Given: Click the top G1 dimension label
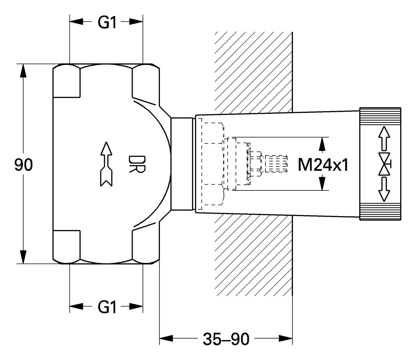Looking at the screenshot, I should [107, 22].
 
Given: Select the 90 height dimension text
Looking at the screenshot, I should [23, 165].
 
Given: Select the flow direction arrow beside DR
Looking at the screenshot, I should [106, 164].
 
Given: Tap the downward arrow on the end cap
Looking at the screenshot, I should [384, 190].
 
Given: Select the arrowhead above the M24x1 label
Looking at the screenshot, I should [321, 144].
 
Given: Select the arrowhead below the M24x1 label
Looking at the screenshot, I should [321, 183].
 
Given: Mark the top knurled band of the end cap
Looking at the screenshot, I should [380, 116].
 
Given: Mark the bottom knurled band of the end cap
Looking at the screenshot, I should [380, 212].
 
